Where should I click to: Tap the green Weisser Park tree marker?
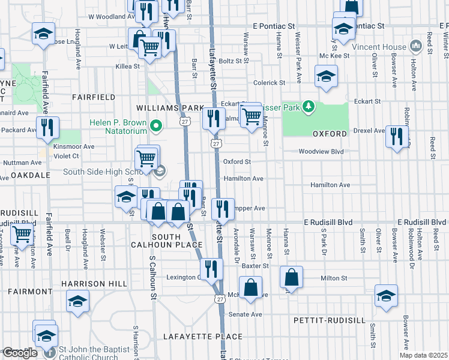[x=309, y=106]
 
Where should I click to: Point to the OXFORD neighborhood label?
[x=330, y=133]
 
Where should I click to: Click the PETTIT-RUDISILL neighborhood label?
[x=329, y=320]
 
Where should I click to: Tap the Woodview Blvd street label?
[x=321, y=152]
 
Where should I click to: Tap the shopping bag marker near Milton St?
[x=291, y=278]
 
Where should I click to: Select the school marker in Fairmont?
[x=77, y=302]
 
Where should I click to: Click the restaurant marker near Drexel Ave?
[x=397, y=136]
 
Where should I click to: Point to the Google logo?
[x=20, y=353]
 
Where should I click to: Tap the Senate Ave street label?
[x=248, y=314]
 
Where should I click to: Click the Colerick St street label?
[x=268, y=83]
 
